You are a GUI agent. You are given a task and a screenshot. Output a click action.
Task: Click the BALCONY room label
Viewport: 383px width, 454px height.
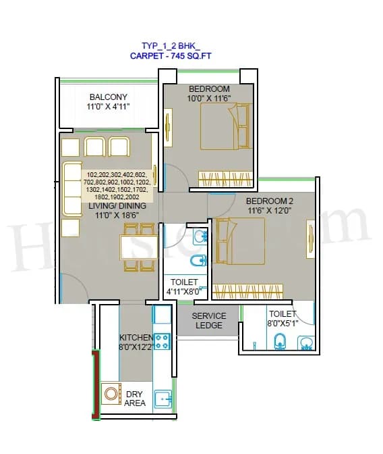(108, 97)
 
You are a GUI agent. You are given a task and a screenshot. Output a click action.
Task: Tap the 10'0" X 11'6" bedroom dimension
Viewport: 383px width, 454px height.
(209, 99)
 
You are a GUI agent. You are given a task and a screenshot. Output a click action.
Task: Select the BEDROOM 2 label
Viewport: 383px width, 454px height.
(270, 201)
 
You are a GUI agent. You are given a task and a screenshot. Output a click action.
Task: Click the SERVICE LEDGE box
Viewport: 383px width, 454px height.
(209, 320)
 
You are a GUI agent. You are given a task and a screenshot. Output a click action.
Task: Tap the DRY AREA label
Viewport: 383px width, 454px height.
(135, 398)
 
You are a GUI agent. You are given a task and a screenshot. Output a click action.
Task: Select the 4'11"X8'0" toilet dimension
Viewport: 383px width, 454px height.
(184, 292)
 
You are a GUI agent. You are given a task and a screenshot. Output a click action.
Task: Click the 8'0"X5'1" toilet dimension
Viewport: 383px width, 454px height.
(282, 323)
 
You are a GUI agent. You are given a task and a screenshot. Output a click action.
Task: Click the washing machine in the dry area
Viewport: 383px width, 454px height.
(110, 394)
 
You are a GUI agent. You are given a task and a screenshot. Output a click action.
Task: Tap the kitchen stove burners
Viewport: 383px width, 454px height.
(162, 340)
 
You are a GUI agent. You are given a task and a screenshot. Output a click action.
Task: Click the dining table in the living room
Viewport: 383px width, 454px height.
(139, 247)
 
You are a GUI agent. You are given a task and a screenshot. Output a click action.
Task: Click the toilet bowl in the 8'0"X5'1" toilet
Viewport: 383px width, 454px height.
(281, 342)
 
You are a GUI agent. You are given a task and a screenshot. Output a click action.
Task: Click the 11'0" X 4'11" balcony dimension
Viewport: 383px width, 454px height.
(108, 107)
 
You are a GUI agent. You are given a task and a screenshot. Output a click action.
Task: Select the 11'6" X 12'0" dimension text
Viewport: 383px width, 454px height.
(270, 211)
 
